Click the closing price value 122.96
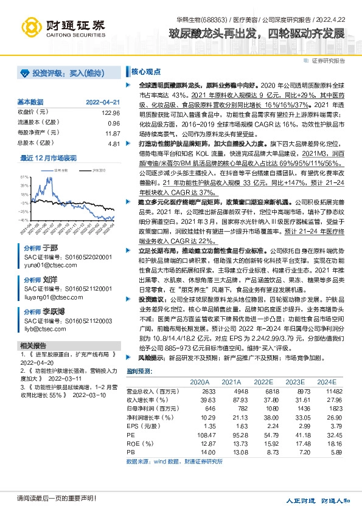tap(111, 112)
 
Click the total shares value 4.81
tap(113, 143)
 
